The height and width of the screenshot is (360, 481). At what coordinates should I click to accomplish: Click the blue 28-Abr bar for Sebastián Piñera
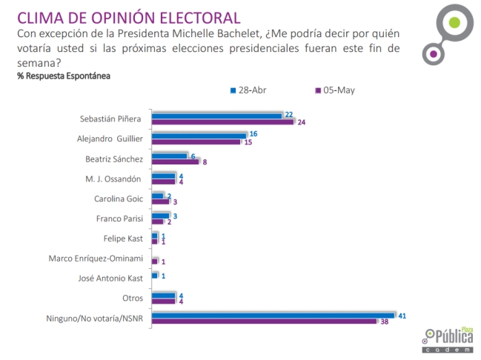coord(216,115)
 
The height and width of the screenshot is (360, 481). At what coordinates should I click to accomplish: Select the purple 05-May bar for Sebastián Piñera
coord(222,121)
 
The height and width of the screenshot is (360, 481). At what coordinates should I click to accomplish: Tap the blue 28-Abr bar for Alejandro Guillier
coord(199,135)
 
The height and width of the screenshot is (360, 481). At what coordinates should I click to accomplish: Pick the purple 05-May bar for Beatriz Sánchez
coord(175,161)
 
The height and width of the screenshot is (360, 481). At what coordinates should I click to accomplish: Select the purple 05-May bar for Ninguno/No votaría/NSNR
coord(264,321)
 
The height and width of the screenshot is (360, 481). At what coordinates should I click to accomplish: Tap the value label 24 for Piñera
coord(302,122)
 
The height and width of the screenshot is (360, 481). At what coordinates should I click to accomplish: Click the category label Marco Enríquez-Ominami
coord(99,259)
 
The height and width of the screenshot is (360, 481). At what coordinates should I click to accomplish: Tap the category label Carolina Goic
coord(119,199)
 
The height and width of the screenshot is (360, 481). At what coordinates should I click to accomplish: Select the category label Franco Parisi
coord(120,219)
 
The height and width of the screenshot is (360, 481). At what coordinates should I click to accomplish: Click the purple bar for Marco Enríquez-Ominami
coord(154,261)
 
